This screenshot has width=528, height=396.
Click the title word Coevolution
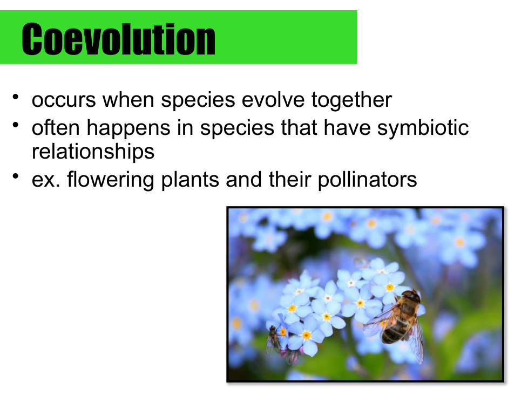point(119,39)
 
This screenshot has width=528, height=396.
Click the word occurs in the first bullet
point(64,100)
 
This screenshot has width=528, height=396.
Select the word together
point(351,100)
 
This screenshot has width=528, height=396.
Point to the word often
point(56,127)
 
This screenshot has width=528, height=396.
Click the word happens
point(128,129)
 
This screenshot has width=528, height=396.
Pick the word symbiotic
point(423,128)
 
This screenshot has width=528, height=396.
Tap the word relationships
point(93,152)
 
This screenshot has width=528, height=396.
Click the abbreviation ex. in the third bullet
point(46,180)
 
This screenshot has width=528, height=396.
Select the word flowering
point(111,180)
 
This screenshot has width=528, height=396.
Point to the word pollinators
point(367,180)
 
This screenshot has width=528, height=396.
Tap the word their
point(290,179)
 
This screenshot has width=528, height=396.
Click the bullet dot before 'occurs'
point(16,97)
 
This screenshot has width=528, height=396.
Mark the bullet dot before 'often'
point(16,125)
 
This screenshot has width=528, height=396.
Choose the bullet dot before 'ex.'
point(16,176)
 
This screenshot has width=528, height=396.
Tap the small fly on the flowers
point(273,339)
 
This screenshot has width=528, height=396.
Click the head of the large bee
point(411,297)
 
